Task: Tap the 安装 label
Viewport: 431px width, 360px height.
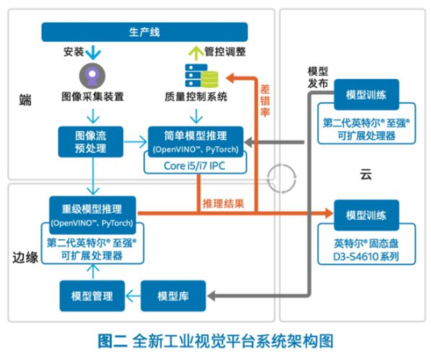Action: click(73, 52)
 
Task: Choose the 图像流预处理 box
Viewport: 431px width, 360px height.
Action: click(89, 142)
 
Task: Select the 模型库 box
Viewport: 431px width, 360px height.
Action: click(173, 296)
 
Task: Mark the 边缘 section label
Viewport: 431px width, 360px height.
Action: click(25, 259)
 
